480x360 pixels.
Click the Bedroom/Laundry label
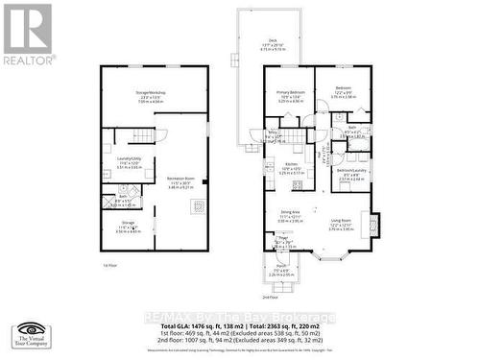coord(349,175)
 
